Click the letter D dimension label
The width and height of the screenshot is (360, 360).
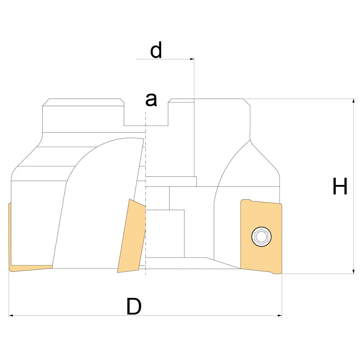(x=134, y=306)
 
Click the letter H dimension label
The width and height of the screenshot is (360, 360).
(x=340, y=186)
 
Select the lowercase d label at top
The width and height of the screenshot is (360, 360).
(x=156, y=50)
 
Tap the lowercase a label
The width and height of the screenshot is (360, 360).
(x=151, y=100)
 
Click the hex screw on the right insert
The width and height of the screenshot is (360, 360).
(x=261, y=237)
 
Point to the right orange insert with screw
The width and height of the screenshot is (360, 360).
(x=261, y=237)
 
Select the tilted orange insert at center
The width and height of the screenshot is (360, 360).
(x=131, y=236)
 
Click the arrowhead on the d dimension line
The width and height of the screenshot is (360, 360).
(x=192, y=59)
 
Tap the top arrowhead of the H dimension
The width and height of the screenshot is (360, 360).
(x=354, y=101)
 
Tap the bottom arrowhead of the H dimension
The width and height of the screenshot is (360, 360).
(x=354, y=271)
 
